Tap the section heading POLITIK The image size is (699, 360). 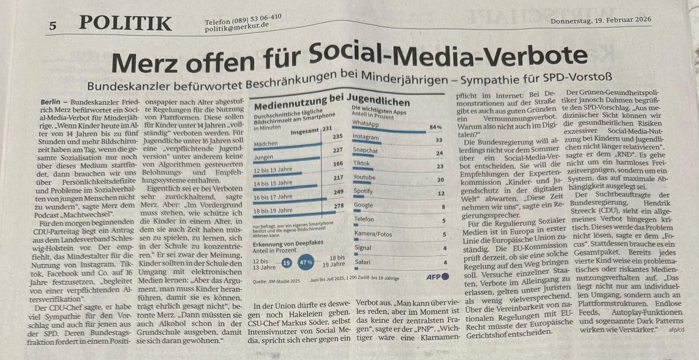(x=125, y=23)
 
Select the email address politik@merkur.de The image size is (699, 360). (x=237, y=27)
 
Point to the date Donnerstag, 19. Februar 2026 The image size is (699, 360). (x=601, y=20)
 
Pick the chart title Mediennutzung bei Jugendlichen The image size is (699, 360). (x=332, y=103)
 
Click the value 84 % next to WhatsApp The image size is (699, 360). (x=436, y=127)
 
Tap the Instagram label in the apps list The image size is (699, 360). (x=365, y=137)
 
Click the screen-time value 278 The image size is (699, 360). (x=339, y=206)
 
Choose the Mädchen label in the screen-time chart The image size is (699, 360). (x=266, y=144)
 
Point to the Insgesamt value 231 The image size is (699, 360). (x=327, y=128)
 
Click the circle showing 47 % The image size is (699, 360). (x=306, y=263)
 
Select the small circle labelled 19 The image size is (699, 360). (x=287, y=263)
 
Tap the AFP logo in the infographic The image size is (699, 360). (x=437, y=277)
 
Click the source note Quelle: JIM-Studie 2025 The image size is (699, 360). (x=276, y=281)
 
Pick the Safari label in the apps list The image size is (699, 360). (x=363, y=262)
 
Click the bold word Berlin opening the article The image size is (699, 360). (x=50, y=102)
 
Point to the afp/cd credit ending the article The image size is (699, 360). (x=676, y=330)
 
